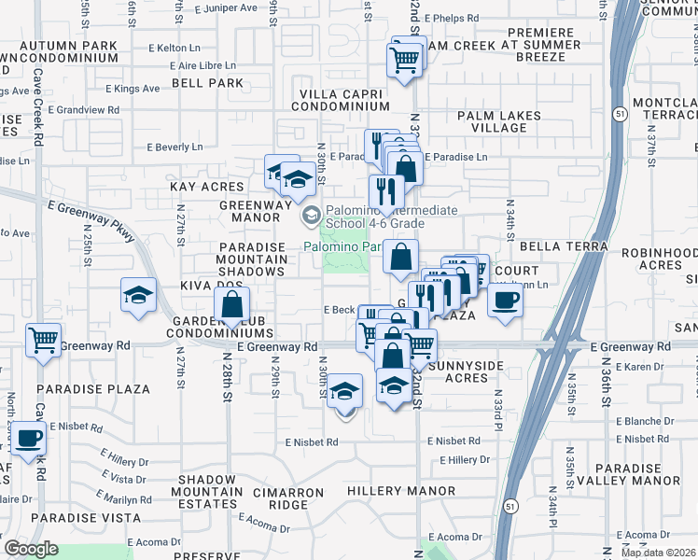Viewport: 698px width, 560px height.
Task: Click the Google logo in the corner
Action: tap(31, 549)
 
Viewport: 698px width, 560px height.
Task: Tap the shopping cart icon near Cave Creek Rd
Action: tap(43, 341)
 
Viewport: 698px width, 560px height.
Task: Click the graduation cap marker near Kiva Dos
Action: tap(137, 297)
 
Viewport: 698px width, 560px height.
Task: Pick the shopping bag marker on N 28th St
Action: tap(231, 304)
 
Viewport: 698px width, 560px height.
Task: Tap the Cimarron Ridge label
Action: tap(274, 505)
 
